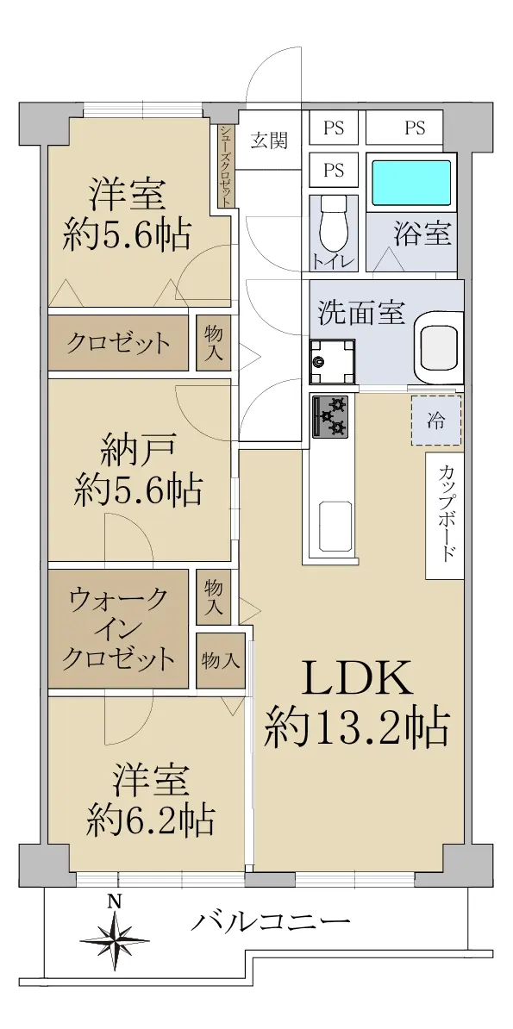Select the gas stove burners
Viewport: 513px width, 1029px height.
(332, 416)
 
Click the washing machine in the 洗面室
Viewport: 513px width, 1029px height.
(332, 361)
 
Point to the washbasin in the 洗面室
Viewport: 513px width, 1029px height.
(438, 346)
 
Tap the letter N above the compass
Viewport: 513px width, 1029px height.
(115, 901)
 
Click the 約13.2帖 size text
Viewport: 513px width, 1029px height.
(357, 727)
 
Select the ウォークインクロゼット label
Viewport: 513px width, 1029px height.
(118, 628)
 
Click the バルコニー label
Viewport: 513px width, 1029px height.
(270, 923)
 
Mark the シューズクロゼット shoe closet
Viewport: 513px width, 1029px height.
(226, 166)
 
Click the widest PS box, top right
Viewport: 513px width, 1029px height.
(404, 128)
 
